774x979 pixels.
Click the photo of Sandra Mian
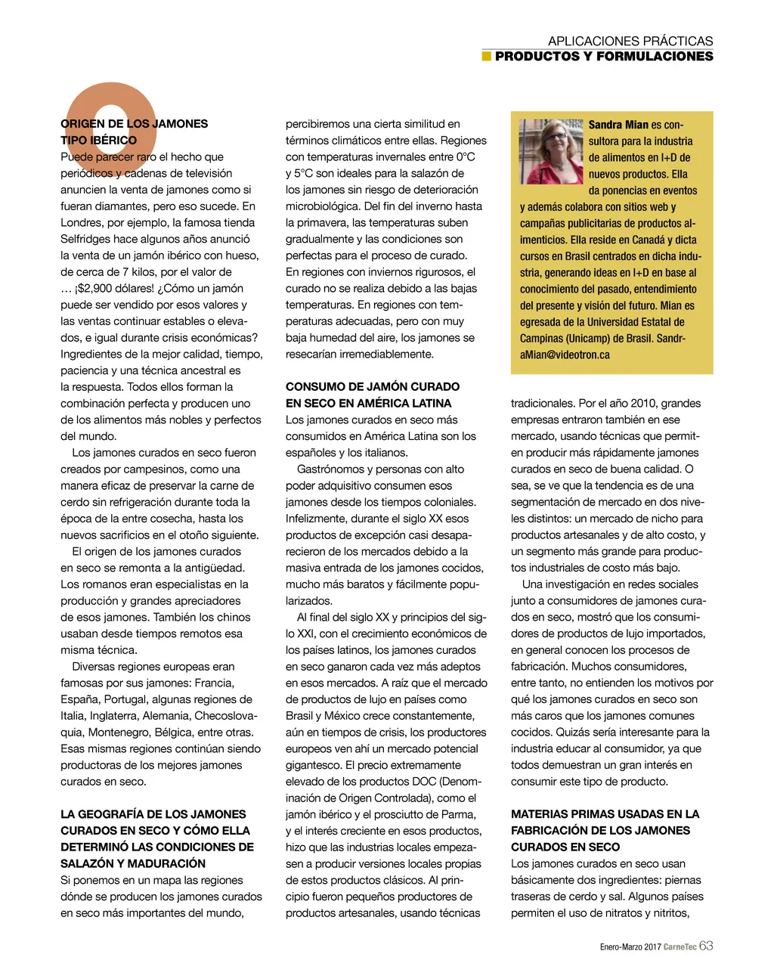(551, 151)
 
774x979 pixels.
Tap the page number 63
(706, 946)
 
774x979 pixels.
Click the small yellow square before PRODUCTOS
(487, 56)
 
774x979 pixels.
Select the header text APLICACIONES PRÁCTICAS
(630, 41)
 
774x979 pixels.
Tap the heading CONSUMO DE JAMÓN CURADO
(373, 386)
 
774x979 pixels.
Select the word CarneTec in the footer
(680, 947)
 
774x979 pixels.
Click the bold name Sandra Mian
(618, 125)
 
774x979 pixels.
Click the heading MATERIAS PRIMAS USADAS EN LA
(605, 814)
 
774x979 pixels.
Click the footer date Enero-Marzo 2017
(630, 947)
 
